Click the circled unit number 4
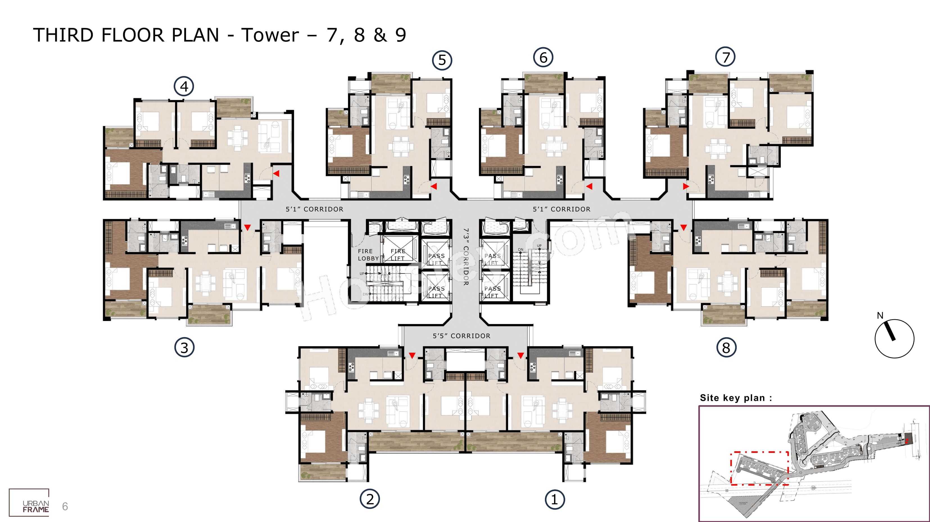[x=184, y=86]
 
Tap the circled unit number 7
[x=725, y=57]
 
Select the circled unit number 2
[x=370, y=499]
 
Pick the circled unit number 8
[x=726, y=348]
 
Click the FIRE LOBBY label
[x=368, y=255]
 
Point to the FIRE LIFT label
[x=398, y=255]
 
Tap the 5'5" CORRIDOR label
[x=461, y=336]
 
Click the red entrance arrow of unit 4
[x=276, y=174]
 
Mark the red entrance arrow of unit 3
[x=247, y=227]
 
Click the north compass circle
[x=894, y=338]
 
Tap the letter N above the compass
[x=880, y=315]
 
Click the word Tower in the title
[x=270, y=35]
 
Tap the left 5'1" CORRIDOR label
[x=314, y=209]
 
